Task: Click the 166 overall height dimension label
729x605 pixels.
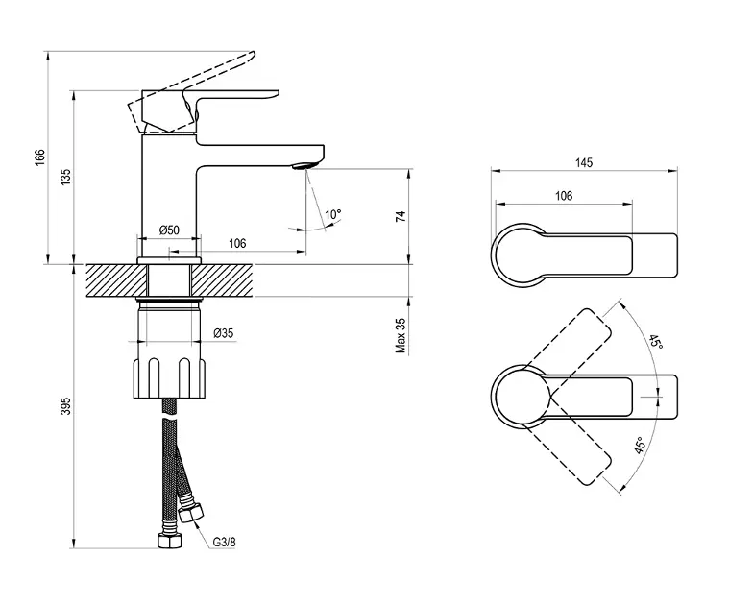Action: [40, 157]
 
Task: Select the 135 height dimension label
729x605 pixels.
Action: [66, 178]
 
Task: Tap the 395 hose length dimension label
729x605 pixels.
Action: [66, 405]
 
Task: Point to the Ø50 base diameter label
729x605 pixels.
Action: [169, 230]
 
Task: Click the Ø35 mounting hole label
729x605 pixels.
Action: [223, 333]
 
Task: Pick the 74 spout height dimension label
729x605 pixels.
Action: [401, 216]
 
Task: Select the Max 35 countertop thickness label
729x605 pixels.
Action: [401, 335]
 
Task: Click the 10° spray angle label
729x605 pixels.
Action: [333, 215]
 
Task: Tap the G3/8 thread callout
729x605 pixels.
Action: [224, 543]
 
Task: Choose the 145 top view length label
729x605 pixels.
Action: [584, 162]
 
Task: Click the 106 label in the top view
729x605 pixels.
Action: [564, 196]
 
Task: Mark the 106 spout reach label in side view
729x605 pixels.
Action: [237, 243]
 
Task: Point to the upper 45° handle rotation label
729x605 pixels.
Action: [656, 343]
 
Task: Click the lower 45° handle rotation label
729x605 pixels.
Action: [641, 446]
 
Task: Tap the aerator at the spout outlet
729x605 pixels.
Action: [304, 166]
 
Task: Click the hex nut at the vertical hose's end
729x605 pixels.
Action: [170, 541]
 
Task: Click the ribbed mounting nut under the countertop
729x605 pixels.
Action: [169, 377]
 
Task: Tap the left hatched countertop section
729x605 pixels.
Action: [116, 280]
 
